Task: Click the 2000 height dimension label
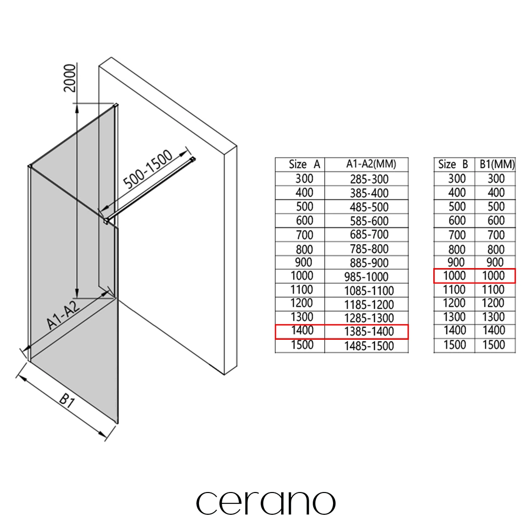coord(70,78)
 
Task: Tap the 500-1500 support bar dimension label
coord(148,169)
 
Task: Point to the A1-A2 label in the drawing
coord(63,314)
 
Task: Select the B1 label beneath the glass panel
coord(67,401)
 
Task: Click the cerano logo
coord(266,503)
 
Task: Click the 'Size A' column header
coord(304,165)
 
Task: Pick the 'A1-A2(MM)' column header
coord(371,164)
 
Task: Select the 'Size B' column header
coord(453,165)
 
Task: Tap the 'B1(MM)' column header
coord(497,165)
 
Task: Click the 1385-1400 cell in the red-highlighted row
coord(369,331)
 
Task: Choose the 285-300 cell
coord(369,179)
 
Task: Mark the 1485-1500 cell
coord(369,346)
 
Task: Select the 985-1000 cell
coord(366,277)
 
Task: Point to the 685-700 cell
coord(369,234)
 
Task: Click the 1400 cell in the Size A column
coord(302,330)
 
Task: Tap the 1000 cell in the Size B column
coord(455,276)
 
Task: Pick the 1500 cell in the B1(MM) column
coord(494,345)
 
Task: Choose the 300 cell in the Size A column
coord(304,179)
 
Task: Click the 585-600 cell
coord(369,221)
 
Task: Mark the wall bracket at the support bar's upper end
coord(192,159)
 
